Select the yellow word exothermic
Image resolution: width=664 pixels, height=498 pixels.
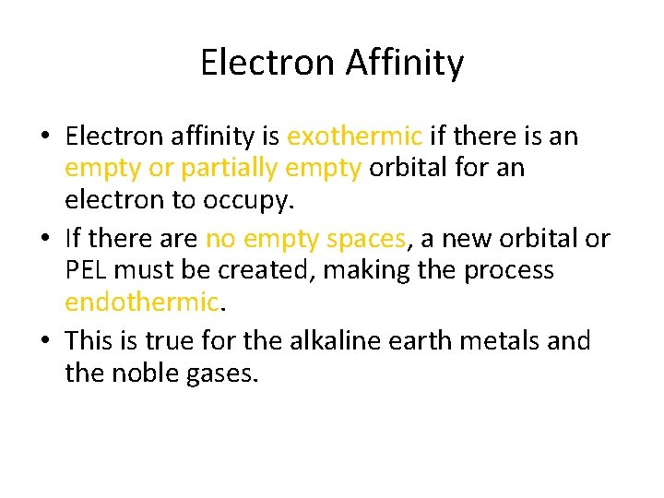(354, 136)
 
